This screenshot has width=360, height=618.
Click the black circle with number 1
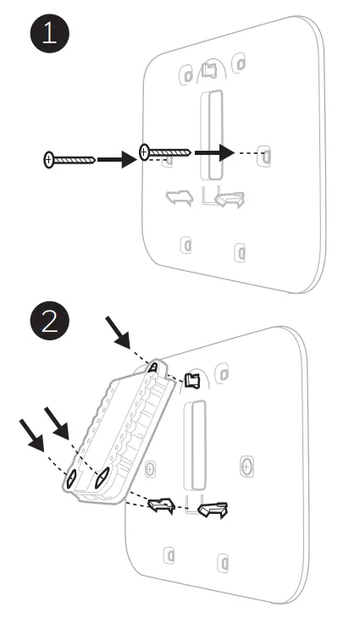tap(50, 33)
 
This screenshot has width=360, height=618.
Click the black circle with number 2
tap(50, 321)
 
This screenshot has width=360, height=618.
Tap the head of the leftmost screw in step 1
tap(48, 160)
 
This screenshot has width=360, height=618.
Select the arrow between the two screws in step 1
tap(117, 159)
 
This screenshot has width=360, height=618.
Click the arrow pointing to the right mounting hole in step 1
tap(214, 152)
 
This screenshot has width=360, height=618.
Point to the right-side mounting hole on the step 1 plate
tap(264, 156)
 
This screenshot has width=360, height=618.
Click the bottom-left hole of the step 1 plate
tap(186, 246)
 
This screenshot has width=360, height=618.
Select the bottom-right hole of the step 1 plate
tap(240, 252)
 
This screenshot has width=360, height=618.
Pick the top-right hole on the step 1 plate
tap(239, 63)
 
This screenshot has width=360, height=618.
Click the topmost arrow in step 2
tap(117, 332)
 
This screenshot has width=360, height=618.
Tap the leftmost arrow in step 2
tap(31, 435)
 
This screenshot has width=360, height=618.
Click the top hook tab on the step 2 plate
tap(192, 380)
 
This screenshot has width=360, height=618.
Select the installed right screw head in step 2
tap(246, 467)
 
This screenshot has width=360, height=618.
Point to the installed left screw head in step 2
tap(150, 469)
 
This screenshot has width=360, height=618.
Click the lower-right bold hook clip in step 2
tap(213, 510)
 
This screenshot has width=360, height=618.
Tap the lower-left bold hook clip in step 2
tap(161, 505)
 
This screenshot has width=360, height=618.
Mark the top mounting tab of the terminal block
tap(154, 367)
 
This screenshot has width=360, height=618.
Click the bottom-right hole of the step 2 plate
tap(223, 563)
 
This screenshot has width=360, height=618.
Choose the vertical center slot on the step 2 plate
tap(195, 445)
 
